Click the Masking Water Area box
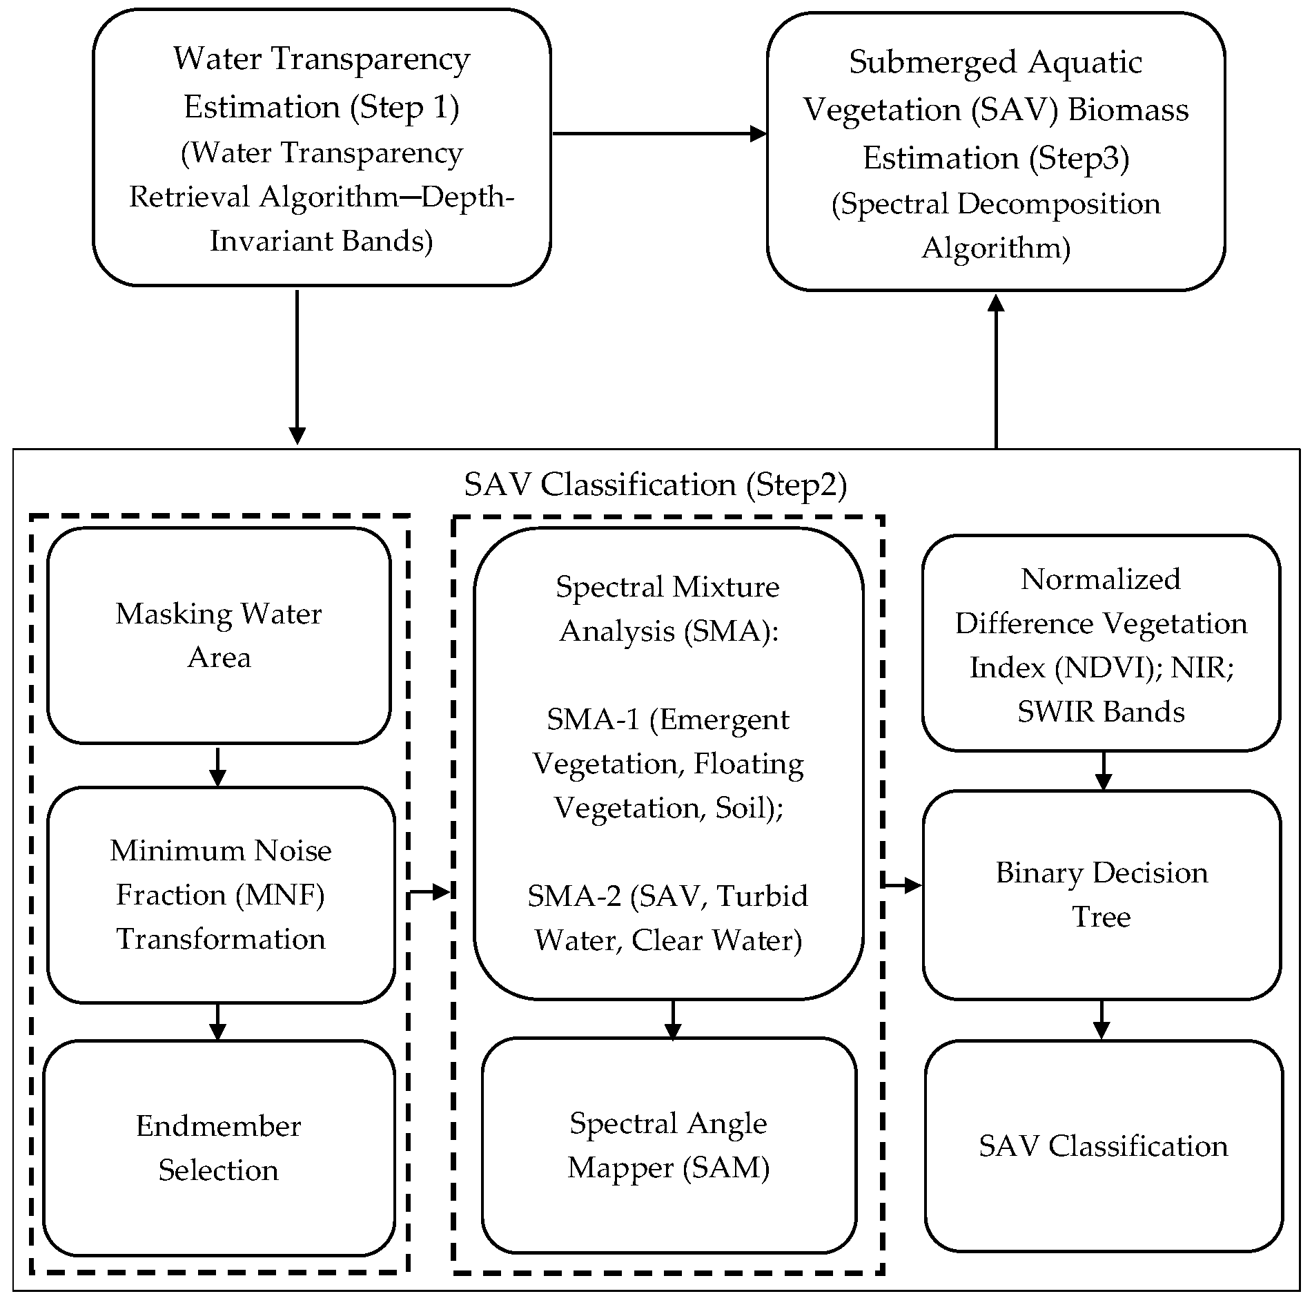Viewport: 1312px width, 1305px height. pyautogui.click(x=218, y=635)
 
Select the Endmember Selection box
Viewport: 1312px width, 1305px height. pyautogui.click(x=218, y=1149)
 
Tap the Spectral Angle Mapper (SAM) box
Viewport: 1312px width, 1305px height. pyautogui.click(x=668, y=1146)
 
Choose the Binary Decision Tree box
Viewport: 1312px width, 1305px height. pyautogui.click(x=1102, y=895)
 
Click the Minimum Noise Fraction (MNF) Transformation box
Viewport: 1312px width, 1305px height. pyautogui.click(x=220, y=895)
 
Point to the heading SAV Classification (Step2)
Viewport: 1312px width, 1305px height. pyautogui.click(x=655, y=485)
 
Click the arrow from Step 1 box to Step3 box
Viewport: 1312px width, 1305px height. pyautogui.click(x=659, y=134)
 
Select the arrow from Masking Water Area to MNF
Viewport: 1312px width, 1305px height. pyautogui.click(x=217, y=766)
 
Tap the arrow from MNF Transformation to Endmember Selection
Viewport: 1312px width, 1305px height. pyautogui.click(x=217, y=1021)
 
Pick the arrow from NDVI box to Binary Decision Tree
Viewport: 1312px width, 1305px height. pyautogui.click(x=1104, y=771)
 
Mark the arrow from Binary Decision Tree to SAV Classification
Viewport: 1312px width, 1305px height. pyautogui.click(x=1102, y=1019)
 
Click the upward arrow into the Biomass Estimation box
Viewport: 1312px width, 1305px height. pyautogui.click(x=996, y=373)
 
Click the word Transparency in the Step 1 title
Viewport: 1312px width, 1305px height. pyautogui.click(x=371, y=60)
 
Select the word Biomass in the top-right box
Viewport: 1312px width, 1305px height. pyautogui.click(x=1128, y=110)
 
